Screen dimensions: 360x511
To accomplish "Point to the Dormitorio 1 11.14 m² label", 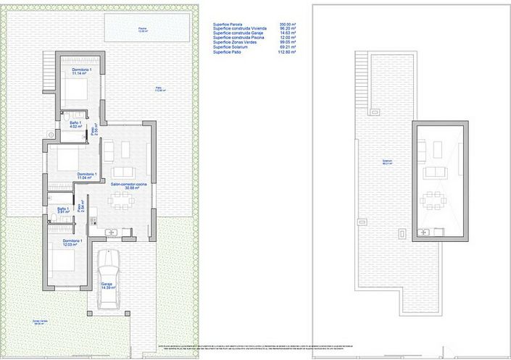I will coord(80,72).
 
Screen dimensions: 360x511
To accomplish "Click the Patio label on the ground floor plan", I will coord(158,90).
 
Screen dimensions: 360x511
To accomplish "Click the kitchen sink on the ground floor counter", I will coord(108,232).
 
